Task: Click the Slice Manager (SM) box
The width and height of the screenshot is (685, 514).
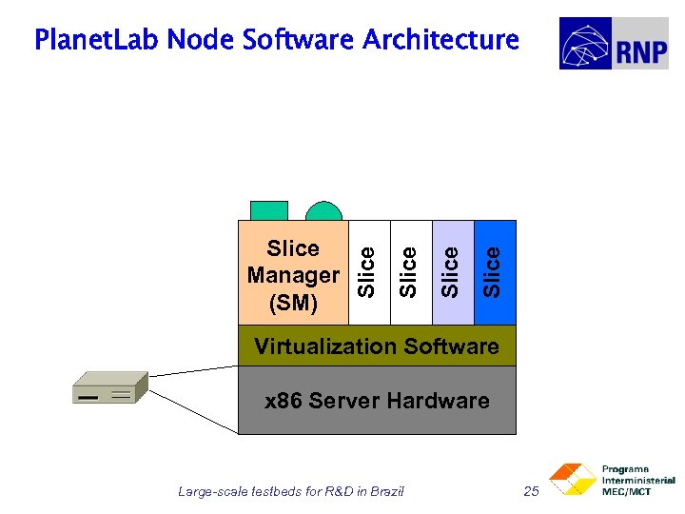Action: [293, 275]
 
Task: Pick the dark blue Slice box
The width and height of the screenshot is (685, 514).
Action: [495, 272]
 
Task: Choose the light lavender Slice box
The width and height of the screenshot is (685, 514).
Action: [453, 272]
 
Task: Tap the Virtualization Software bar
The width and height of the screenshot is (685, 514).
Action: [377, 346]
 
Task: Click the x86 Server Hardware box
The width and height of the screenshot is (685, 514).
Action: [377, 401]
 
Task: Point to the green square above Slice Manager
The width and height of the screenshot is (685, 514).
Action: [269, 211]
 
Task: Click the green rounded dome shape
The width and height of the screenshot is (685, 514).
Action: [323, 213]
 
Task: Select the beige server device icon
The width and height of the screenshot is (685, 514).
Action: [109, 388]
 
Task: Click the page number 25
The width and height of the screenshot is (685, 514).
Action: [531, 491]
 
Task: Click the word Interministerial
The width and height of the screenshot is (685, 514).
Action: [637, 481]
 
